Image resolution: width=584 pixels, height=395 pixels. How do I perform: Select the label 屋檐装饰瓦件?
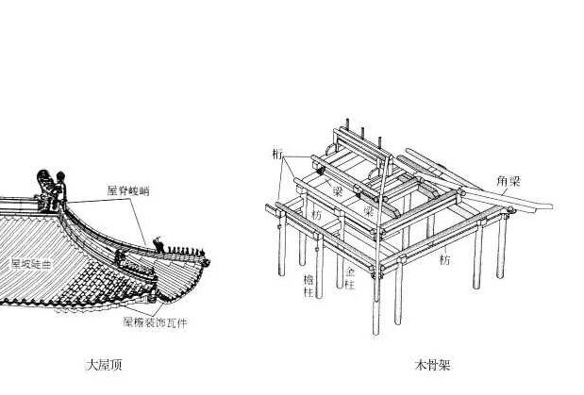(x=155, y=322)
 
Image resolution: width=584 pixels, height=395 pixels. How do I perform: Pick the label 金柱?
(x=349, y=274)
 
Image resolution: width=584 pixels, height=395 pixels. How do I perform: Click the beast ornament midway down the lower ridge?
(x=120, y=255)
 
